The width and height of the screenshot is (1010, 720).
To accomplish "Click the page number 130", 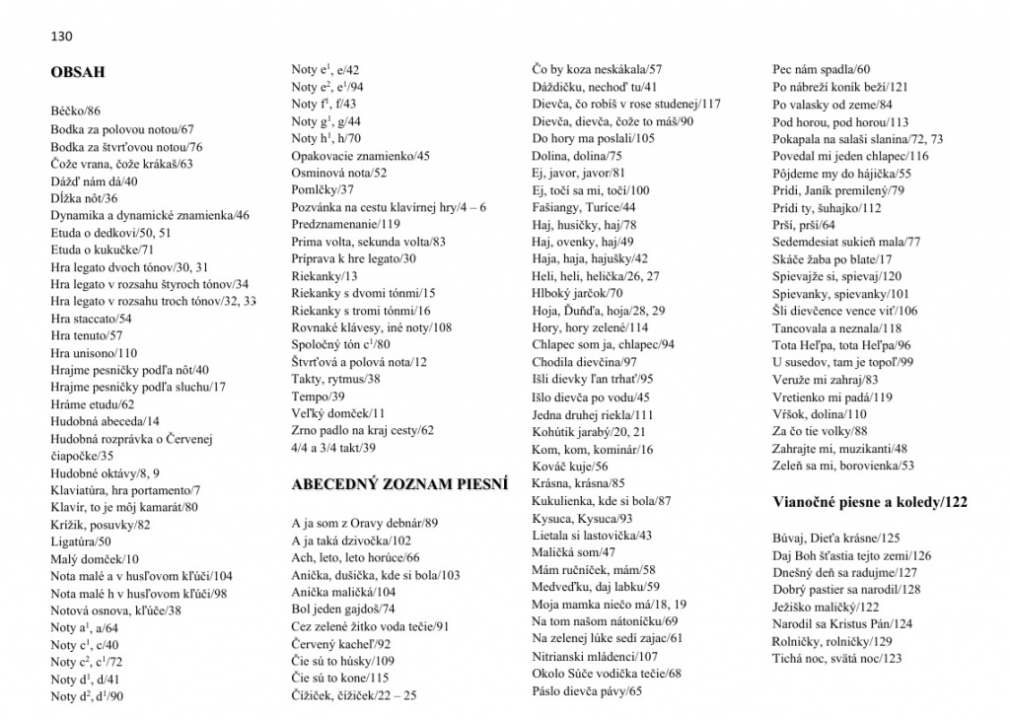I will (62, 36).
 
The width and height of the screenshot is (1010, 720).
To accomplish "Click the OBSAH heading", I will (78, 72).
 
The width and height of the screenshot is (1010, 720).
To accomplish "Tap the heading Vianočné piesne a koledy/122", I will (869, 502).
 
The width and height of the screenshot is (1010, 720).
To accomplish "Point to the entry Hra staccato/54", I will (91, 319).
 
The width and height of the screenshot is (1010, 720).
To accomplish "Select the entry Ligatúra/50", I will (81, 541).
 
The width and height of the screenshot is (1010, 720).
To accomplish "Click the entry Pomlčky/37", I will (323, 189).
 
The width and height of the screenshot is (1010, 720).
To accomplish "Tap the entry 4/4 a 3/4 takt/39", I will (334, 448).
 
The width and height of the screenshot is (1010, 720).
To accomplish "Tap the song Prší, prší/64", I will (804, 225).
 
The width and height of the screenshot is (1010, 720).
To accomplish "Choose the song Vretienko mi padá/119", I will (831, 396).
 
